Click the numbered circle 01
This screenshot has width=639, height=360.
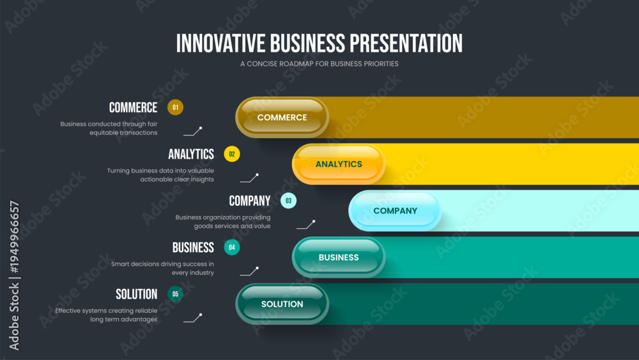[x=175, y=107]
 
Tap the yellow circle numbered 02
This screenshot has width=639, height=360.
[x=232, y=154]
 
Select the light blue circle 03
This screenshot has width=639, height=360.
[x=289, y=201]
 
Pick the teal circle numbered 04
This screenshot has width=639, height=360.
[x=232, y=247]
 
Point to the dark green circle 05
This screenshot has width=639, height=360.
[x=175, y=294]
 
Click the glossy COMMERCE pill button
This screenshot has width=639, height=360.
[x=282, y=118]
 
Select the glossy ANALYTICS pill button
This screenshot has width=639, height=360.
[x=339, y=164]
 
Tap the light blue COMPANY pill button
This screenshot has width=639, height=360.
[x=396, y=211]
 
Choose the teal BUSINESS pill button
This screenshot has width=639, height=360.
[x=339, y=257]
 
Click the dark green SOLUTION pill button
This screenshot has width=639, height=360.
[x=282, y=304]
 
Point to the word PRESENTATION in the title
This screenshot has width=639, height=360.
[x=406, y=43]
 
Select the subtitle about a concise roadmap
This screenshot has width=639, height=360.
[x=319, y=64]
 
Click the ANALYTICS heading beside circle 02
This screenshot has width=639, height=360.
[x=191, y=154]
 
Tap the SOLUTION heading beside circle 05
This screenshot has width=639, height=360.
[x=137, y=294]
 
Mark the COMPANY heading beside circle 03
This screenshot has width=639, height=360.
[x=250, y=201]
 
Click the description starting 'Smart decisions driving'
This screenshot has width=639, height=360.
[x=162, y=269]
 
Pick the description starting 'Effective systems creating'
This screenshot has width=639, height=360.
[x=106, y=315]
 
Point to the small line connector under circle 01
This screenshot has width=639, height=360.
[x=193, y=131]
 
